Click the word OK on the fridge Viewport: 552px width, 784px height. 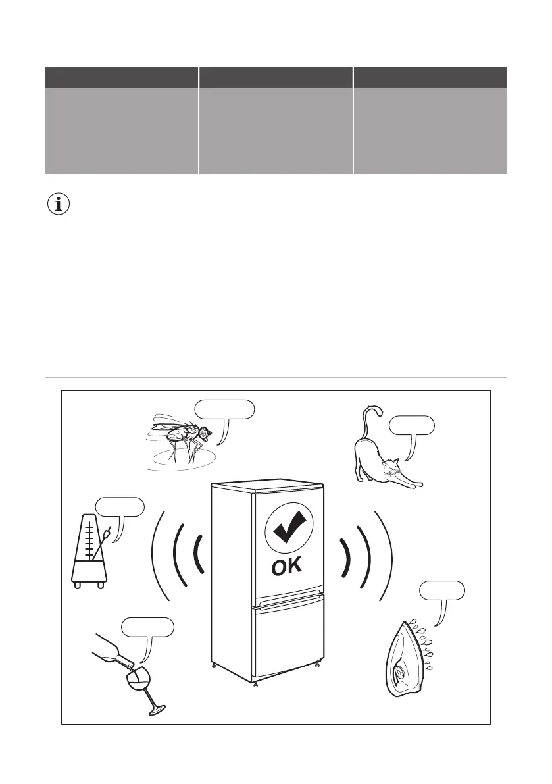click(x=288, y=567)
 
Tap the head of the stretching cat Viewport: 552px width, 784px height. click(x=392, y=471)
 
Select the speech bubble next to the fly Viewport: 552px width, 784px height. click(x=224, y=409)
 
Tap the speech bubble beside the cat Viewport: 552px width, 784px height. click(x=411, y=426)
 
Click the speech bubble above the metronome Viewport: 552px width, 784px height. click(x=120, y=508)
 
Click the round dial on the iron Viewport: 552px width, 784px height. click(x=400, y=673)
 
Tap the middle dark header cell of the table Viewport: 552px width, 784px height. click(x=276, y=77)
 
